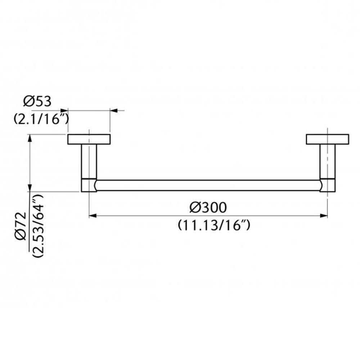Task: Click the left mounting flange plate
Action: pos(89,139)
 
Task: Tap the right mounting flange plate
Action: pos(327,139)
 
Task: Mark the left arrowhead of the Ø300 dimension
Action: pos(92,216)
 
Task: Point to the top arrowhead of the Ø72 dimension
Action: pos(30,138)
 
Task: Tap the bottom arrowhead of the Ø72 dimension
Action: pos(30,188)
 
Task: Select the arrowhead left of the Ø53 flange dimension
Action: pos(64,111)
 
